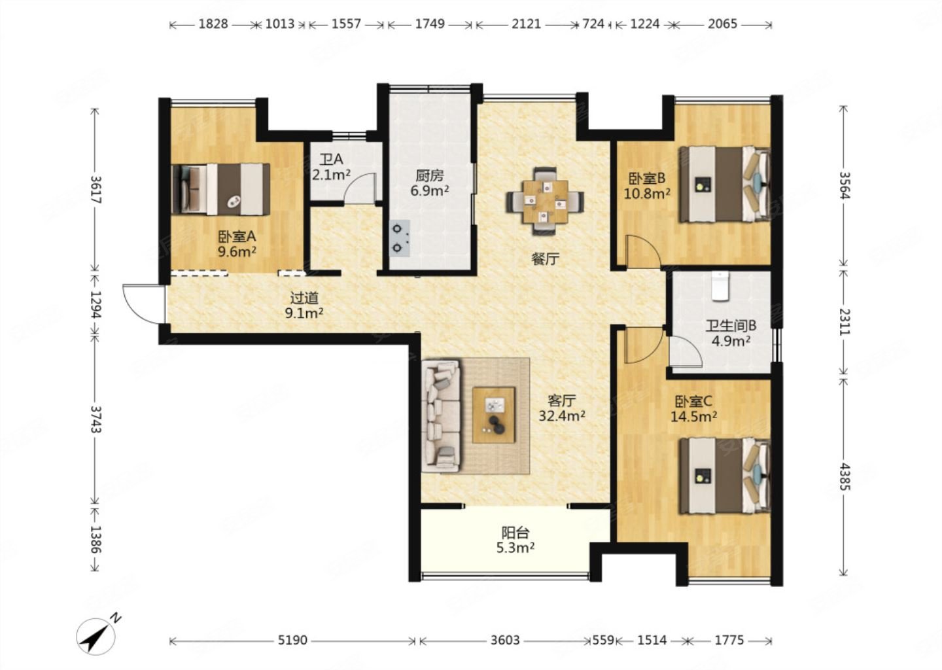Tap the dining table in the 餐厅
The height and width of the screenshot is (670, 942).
point(545,202)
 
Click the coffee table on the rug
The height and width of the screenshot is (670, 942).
point(494,415)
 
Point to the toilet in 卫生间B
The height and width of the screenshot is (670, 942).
point(720,287)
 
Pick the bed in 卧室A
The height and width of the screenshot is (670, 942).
point(220,189)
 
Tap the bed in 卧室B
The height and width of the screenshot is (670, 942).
point(725,184)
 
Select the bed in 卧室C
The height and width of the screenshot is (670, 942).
point(725,476)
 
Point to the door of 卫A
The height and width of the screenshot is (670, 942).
point(360,188)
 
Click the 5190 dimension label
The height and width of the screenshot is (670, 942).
point(292,641)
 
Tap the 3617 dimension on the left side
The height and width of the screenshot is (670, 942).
point(96,189)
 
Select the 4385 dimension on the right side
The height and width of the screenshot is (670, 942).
point(844,477)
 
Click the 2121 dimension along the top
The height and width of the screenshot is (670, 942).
point(527,24)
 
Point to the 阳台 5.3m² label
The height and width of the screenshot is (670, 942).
point(515,540)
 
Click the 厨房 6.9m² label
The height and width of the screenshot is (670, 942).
point(429,183)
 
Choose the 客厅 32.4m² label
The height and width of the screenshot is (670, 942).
point(561,408)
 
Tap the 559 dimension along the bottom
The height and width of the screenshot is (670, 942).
point(603,641)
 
